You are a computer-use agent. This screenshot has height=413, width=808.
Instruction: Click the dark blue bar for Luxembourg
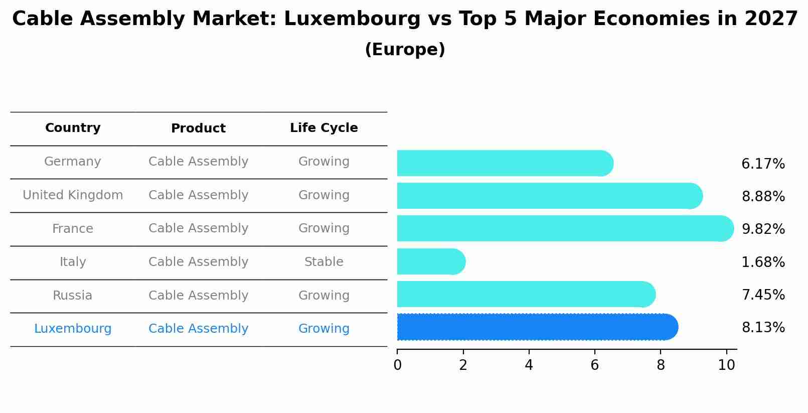(537, 327)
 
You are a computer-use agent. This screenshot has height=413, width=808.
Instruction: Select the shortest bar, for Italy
(430, 261)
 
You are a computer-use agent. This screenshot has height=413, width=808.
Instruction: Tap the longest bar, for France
(564, 228)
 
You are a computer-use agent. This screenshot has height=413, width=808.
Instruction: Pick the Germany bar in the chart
(504, 163)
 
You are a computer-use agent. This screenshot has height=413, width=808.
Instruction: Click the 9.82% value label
(763, 229)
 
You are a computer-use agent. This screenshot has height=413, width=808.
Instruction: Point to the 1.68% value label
(763, 262)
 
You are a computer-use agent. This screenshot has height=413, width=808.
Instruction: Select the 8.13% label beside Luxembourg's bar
(763, 328)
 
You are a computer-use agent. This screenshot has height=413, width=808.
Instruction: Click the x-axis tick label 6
(594, 365)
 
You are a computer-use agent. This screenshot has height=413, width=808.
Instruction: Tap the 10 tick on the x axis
(726, 365)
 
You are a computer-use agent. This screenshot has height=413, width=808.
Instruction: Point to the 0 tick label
(397, 365)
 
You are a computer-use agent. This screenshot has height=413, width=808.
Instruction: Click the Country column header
(73, 128)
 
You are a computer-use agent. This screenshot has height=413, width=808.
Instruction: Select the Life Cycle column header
(324, 128)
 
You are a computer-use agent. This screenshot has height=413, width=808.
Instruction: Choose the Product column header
(198, 128)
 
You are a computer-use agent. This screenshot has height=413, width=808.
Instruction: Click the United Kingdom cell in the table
(73, 195)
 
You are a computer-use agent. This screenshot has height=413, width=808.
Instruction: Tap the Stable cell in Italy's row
(324, 262)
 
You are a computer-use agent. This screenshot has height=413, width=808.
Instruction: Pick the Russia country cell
(73, 296)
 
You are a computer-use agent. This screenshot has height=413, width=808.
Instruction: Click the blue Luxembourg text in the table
(73, 329)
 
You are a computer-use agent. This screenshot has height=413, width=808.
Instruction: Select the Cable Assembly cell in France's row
(198, 228)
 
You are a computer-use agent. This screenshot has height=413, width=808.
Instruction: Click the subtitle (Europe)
(405, 50)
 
